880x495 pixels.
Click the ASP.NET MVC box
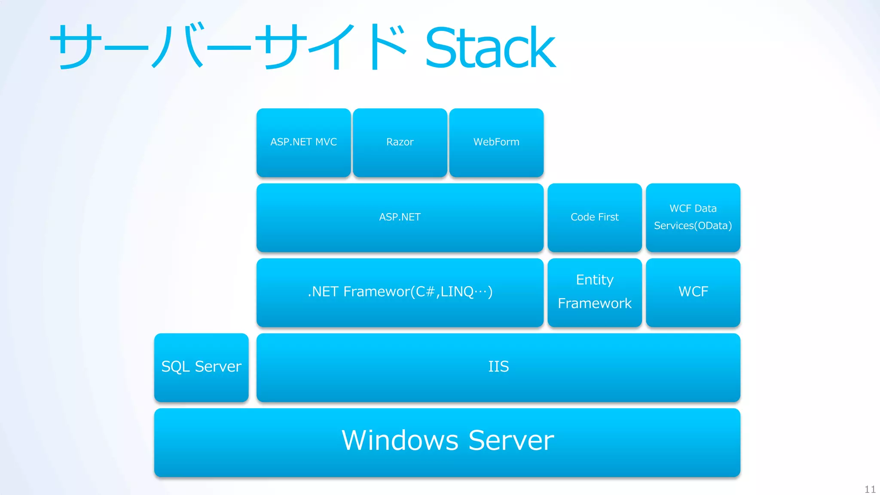coord(303,143)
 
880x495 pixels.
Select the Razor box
coord(400,143)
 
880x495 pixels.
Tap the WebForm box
coord(496,143)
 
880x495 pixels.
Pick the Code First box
coord(595,217)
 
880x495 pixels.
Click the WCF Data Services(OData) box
coord(693,217)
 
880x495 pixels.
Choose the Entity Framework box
coord(595,292)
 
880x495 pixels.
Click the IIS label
coord(498,367)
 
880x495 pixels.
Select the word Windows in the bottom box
coord(400,440)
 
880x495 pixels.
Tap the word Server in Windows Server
coord(511,440)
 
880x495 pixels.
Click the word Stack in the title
coord(490,47)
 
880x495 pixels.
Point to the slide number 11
coord(870,489)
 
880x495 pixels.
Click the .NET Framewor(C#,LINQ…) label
coord(400,292)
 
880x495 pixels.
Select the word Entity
coord(595,280)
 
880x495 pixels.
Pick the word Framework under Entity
coord(595,304)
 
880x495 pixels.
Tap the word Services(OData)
coord(693,226)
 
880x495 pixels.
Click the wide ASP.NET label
coord(400,217)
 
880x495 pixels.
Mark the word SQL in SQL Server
coord(175,367)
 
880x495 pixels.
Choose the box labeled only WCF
coord(693,292)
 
